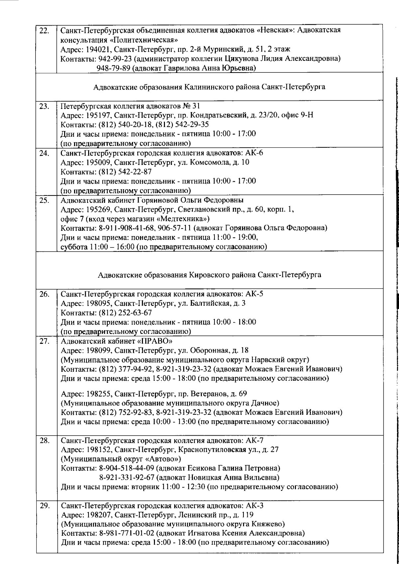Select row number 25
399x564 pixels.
click(x=44, y=201)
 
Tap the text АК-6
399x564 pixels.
click(x=255, y=153)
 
